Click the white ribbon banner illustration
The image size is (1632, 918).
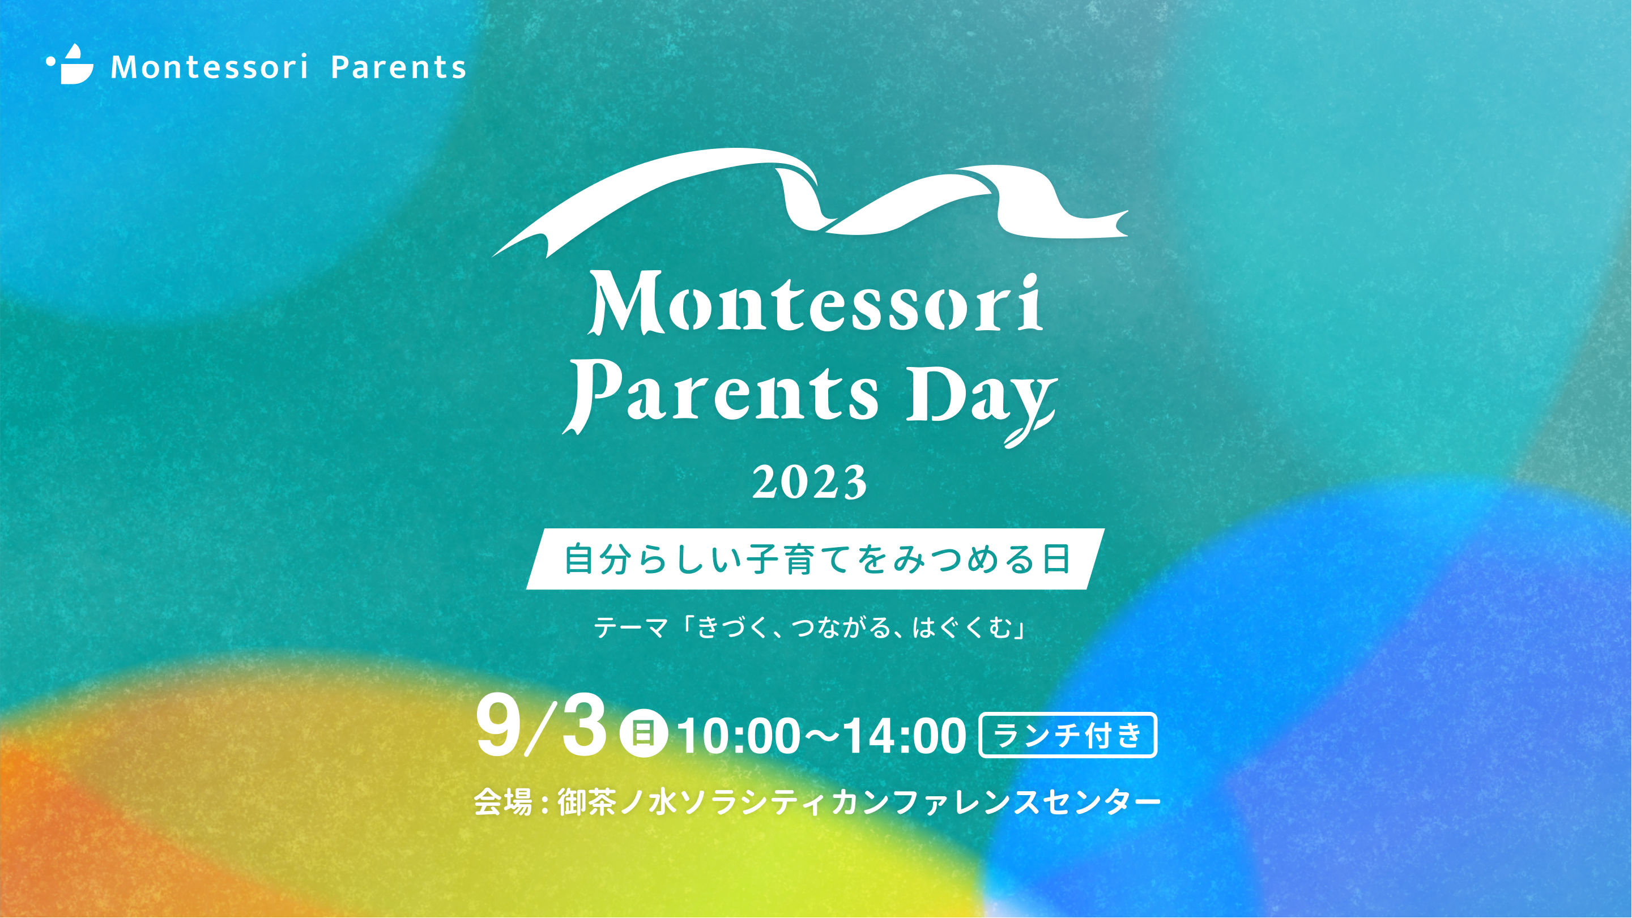tap(809, 202)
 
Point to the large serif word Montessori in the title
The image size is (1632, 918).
tap(815, 303)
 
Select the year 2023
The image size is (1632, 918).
tap(809, 482)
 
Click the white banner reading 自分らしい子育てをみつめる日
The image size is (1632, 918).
tap(815, 559)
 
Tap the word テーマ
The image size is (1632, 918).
tap(630, 628)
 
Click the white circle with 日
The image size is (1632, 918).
tap(643, 735)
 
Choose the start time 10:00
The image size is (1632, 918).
tap(738, 737)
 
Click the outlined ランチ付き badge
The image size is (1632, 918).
tap(1068, 735)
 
